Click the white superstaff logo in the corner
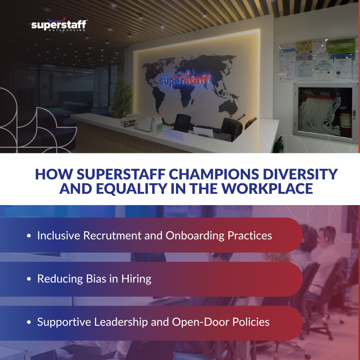click(x=58, y=26)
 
